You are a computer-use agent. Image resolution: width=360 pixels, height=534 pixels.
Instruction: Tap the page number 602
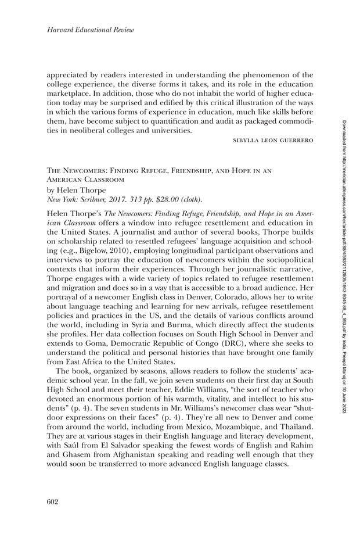pos(53,502)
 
